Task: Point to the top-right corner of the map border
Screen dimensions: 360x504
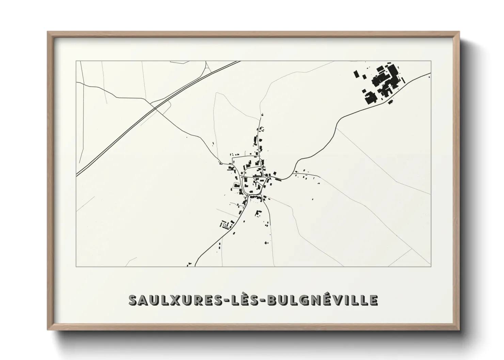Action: [x=431, y=61]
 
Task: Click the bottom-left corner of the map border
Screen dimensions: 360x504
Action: [x=76, y=266]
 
